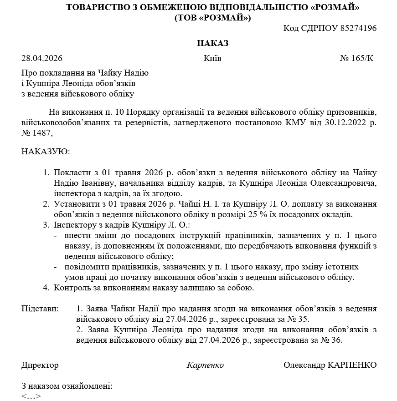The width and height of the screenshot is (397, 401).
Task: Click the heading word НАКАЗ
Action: (212, 43)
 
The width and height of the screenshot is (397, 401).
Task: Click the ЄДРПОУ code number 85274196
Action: (357, 28)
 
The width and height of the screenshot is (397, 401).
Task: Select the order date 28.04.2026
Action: (42, 58)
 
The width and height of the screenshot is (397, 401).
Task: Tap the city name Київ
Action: (212, 58)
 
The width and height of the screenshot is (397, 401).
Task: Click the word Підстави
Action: (40, 309)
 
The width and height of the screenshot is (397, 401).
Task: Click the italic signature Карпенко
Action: (205, 365)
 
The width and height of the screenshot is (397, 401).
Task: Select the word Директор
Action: (40, 365)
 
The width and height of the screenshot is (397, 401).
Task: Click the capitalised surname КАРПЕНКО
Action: (352, 365)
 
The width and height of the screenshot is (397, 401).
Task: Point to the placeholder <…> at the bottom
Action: (31, 396)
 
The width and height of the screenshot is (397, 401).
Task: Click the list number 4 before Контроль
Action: (46, 288)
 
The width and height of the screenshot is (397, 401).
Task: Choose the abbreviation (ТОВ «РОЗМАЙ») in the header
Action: (212, 18)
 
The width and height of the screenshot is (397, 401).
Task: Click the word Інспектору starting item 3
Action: (73, 225)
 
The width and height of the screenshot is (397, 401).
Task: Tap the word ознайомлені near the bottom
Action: (89, 386)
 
